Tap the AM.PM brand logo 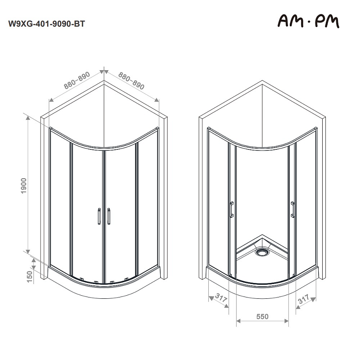point(308,21)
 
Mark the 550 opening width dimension point(262,316)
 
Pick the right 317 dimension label point(305,299)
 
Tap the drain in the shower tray point(261,252)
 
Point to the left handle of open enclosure point(231,210)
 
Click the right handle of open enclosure point(292,210)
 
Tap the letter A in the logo point(285,21)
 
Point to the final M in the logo point(332,21)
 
